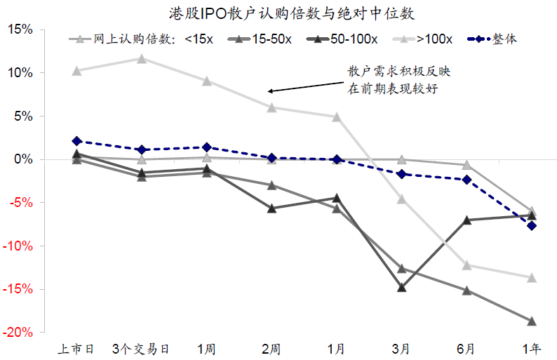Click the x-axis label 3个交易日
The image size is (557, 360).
tap(142, 348)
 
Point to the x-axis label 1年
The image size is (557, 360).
tap(531, 348)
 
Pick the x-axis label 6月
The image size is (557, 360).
tap(466, 348)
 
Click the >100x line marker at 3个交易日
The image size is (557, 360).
tap(142, 58)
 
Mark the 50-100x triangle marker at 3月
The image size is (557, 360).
tap(401, 288)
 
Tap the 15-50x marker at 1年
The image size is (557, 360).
tap(531, 321)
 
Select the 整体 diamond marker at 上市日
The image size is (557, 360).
tap(76, 141)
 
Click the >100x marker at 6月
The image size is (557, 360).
tap(466, 265)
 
